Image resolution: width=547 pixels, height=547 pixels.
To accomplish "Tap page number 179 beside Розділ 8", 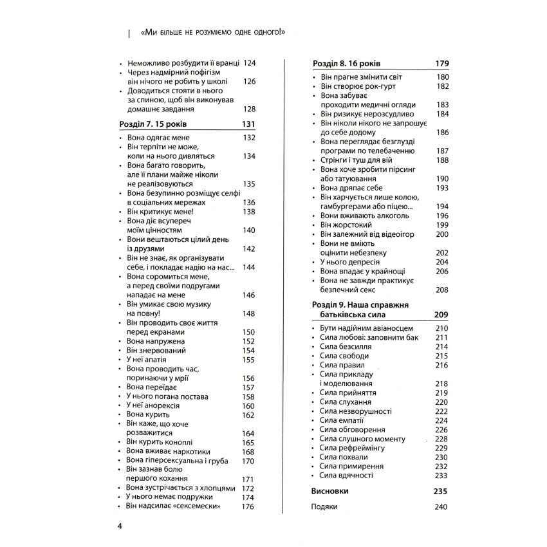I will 440,64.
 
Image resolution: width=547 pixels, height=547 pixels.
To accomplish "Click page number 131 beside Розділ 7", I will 248,124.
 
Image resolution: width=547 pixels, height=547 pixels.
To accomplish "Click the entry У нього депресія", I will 349,262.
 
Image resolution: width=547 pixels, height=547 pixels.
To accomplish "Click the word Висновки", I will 329,490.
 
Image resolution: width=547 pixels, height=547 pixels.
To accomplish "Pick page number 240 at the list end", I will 440,507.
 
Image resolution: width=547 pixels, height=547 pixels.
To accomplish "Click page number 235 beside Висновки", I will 440,490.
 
